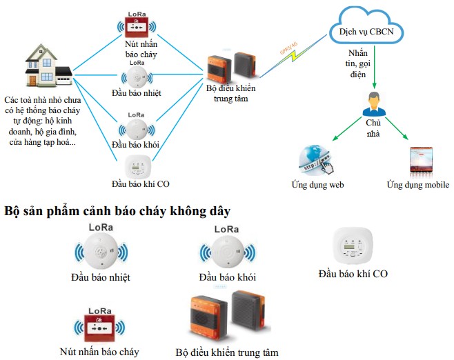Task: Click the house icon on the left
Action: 47,68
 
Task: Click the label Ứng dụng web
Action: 317,185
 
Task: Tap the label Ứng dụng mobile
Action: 417,185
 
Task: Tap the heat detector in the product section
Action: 101,252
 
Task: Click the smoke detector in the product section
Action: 227,252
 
